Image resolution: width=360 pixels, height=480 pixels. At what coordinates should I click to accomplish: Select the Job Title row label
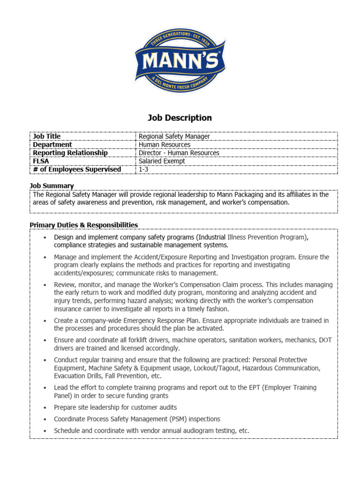point(46,136)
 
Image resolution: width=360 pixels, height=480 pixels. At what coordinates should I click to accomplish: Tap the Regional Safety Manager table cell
point(174,136)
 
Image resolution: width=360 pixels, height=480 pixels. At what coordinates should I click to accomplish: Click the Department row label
point(52,145)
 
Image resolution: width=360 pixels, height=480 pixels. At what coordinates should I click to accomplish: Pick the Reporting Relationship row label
point(70,153)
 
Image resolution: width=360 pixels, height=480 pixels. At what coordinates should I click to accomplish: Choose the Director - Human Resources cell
point(179,153)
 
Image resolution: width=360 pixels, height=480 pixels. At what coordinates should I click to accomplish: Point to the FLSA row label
point(41,161)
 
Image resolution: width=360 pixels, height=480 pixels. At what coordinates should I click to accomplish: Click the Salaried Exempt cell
point(162,161)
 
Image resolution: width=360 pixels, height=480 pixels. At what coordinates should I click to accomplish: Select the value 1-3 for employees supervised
point(143,169)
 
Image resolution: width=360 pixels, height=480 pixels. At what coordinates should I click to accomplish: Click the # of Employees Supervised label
point(77,169)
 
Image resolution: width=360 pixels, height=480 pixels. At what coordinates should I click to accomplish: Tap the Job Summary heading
point(52,186)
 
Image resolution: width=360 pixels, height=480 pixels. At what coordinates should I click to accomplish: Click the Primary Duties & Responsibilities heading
point(83,225)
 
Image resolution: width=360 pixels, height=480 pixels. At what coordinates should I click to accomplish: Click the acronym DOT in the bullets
point(325,340)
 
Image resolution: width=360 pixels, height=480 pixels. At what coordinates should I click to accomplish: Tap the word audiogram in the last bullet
point(203,430)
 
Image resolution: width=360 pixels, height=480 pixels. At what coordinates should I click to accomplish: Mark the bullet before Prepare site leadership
point(44,408)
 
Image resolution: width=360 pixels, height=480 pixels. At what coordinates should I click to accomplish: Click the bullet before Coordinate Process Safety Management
point(44,419)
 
